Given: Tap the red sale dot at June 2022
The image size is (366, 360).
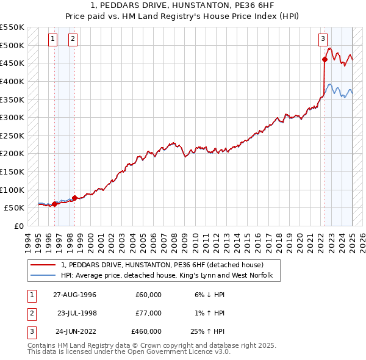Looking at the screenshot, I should click(x=325, y=59).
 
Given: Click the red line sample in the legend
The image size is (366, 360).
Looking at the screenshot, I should click(x=43, y=265).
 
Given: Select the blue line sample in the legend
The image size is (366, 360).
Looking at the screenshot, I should click(x=43, y=276).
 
